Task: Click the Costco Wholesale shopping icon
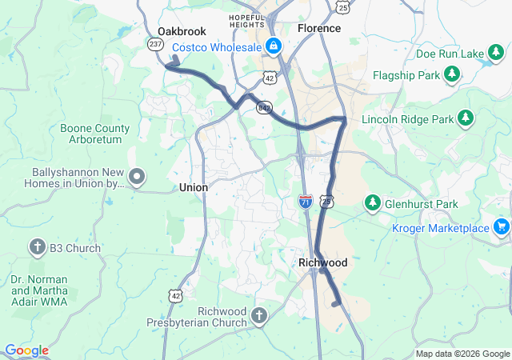point(274,46)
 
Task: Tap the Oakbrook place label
point(176,31)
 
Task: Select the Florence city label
point(319,28)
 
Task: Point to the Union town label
point(194,187)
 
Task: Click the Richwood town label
point(322,262)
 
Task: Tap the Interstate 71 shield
point(306,201)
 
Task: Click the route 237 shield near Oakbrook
point(155,45)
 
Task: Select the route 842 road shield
point(263,107)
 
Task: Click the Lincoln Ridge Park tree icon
point(466,119)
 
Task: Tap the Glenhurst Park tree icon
point(372,203)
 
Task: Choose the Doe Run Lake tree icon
point(497,54)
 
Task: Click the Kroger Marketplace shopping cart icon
point(502,227)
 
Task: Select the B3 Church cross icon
point(37,247)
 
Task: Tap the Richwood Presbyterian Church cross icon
point(258,316)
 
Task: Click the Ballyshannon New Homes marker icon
point(138,177)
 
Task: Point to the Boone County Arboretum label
point(94,134)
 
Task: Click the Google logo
point(26,350)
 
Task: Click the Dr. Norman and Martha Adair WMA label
point(50,290)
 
